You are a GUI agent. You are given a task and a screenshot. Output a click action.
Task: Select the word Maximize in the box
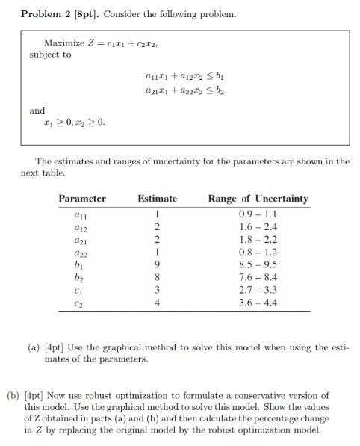pyautogui.click(x=63, y=43)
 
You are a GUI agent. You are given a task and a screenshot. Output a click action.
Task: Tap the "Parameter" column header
pyautogui.click(x=82, y=199)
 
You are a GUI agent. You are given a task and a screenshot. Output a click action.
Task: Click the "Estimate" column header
pyautogui.click(x=158, y=199)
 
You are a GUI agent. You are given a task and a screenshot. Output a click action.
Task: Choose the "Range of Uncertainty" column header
pyautogui.click(x=258, y=199)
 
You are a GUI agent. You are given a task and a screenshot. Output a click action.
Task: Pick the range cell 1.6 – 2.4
pyautogui.click(x=258, y=226)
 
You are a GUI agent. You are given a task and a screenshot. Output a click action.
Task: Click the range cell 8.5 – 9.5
pyautogui.click(x=258, y=264)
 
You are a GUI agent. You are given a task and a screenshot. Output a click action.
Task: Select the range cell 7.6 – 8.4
pyautogui.click(x=258, y=277)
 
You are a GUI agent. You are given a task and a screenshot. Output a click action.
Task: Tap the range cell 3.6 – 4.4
pyautogui.click(x=258, y=303)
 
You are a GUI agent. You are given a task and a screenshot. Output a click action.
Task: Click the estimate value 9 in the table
pyautogui.click(x=158, y=264)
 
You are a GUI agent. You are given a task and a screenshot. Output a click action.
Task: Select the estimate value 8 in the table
pyautogui.click(x=158, y=277)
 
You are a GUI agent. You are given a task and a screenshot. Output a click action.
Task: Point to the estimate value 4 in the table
pyautogui.click(x=158, y=303)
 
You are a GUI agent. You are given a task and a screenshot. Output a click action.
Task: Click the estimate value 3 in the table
pyautogui.click(x=158, y=290)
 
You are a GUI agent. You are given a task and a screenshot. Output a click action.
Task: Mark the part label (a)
pyautogui.click(x=35, y=347)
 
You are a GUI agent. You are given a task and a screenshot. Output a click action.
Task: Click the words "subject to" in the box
pyautogui.click(x=51, y=54)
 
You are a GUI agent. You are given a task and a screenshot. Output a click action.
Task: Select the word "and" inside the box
pyautogui.click(x=37, y=111)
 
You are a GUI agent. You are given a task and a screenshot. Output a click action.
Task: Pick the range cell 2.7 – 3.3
pyautogui.click(x=258, y=290)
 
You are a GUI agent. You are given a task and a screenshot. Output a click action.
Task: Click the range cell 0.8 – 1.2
pyautogui.click(x=258, y=252)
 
